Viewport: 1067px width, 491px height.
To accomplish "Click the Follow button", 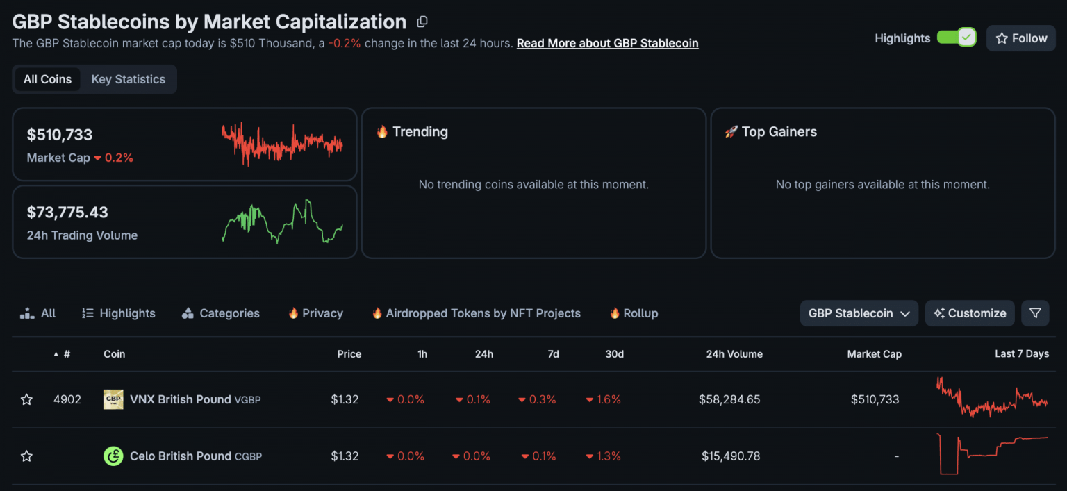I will (x=1020, y=38).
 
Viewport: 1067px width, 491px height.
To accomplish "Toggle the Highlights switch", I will (x=956, y=38).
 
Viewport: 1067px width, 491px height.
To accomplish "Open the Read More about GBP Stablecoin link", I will (x=607, y=43).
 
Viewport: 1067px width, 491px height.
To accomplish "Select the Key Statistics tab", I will (x=129, y=79).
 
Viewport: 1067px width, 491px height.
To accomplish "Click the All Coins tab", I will (x=47, y=79).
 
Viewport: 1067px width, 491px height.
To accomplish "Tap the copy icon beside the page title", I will (x=422, y=22).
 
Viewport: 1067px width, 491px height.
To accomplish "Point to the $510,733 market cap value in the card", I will (x=60, y=135).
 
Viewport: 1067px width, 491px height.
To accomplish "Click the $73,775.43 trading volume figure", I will (x=67, y=213).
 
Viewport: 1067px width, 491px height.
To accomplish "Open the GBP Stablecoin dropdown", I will (x=859, y=313).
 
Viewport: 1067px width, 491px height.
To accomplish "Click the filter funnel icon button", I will (x=1035, y=313).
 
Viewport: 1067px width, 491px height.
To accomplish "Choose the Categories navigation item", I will (x=220, y=313).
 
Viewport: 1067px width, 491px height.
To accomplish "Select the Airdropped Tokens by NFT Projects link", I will (x=476, y=313).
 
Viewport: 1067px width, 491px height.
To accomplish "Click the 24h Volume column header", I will (x=734, y=354).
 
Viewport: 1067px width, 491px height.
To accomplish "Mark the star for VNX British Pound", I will (x=26, y=399).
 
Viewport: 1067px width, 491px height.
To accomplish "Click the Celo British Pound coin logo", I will (x=113, y=456).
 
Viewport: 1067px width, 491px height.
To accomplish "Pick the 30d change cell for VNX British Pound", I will (x=604, y=399).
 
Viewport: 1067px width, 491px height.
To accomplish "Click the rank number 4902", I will (x=67, y=399).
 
